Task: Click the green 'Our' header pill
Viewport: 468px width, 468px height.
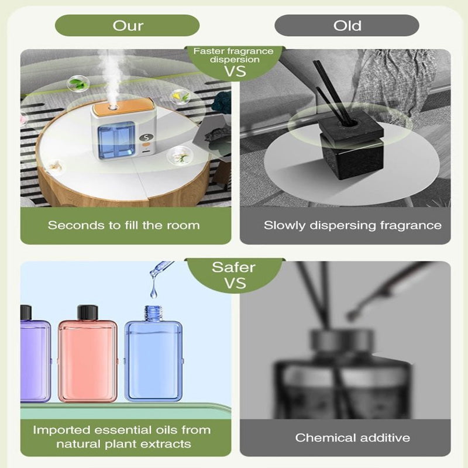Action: (x=127, y=26)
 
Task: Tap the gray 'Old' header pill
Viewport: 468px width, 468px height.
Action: (x=347, y=26)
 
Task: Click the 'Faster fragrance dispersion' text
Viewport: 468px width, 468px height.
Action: (x=233, y=55)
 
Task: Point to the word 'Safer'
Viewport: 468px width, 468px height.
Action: (x=233, y=267)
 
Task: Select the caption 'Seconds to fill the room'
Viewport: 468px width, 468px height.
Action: (x=123, y=225)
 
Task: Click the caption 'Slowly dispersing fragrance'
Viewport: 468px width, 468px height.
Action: (x=353, y=225)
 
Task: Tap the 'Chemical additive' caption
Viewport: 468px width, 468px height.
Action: (x=353, y=438)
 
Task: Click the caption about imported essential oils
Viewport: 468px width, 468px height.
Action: (x=122, y=436)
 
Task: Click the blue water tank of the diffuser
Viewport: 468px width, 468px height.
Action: (x=116, y=141)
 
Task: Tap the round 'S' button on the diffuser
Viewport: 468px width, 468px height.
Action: (x=146, y=138)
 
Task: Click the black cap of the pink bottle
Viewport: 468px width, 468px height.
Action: (x=88, y=312)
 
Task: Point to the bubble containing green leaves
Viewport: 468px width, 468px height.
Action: (x=78, y=84)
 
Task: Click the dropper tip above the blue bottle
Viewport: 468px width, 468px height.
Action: (x=153, y=272)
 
